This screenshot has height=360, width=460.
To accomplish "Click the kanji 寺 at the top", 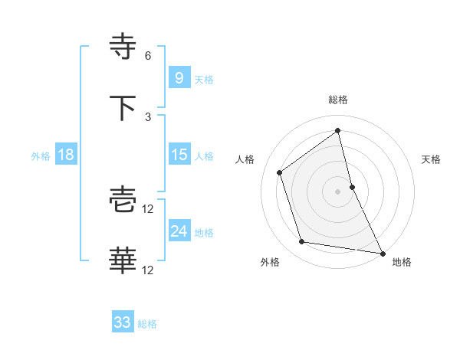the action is tap(123, 47).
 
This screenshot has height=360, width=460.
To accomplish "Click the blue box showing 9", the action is tap(178, 78).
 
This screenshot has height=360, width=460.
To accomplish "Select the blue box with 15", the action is tap(178, 155).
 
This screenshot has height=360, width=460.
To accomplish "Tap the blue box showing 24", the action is tap(178, 231).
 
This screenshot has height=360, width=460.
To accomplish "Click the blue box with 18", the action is tap(66, 155).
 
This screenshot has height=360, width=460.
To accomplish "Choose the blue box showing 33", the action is tap(122, 322).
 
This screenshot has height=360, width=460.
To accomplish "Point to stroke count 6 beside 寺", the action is tap(148, 56).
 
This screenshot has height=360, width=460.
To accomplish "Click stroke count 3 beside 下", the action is tap(148, 117).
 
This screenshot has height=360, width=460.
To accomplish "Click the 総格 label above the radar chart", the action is tap(338, 100).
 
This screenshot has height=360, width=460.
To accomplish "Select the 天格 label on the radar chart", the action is tap(432, 159).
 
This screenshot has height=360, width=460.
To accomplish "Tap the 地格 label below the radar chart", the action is tap(402, 263).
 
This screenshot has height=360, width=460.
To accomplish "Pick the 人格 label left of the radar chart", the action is tap(245, 159).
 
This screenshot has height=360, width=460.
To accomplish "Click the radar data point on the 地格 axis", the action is tap(382, 253).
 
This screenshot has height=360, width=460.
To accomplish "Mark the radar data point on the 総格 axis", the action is tap(338, 131).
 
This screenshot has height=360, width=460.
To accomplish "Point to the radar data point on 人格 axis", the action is tap(280, 172).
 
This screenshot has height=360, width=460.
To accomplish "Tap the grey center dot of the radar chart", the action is tap(338, 191).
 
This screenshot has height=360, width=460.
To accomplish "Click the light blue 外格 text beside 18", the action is tap(41, 155).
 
